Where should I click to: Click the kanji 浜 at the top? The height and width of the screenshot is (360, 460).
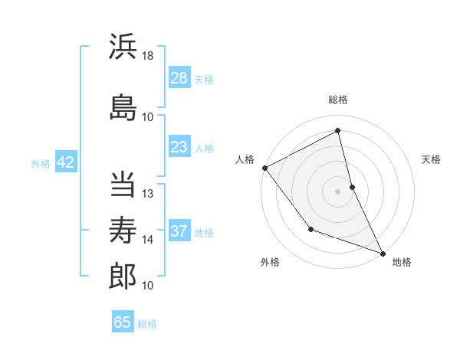pos(123,47)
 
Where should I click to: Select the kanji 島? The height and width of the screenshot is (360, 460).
pos(123,107)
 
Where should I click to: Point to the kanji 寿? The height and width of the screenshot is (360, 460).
pos(123,227)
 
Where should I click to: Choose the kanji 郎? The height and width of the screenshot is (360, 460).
pos(123,275)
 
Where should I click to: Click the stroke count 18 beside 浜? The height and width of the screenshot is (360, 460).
pos(148,56)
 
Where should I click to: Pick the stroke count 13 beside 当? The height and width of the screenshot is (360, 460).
pos(148,194)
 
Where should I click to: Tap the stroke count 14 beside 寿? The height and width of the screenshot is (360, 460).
pos(148,240)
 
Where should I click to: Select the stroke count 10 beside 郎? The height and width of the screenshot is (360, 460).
pos(148,286)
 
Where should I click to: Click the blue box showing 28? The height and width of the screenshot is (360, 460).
pos(179,78)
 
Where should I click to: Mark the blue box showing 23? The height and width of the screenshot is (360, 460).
pos(179,147)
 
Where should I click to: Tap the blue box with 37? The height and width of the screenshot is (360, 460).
pos(179,231)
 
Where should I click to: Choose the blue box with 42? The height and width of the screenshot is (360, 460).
pos(65,162)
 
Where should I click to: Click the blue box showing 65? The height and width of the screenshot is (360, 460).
pos(123,322)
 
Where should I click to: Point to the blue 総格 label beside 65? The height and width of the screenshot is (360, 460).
pos(147,324)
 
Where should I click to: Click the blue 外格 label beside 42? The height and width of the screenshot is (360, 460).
pos(41,163)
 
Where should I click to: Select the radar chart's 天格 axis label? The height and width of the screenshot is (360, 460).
pos(431,159)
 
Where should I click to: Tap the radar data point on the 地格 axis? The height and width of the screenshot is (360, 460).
pos(383,253)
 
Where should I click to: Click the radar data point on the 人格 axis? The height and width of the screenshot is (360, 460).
pos(264,168)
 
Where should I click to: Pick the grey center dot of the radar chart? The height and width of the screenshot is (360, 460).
pos(337,191)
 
